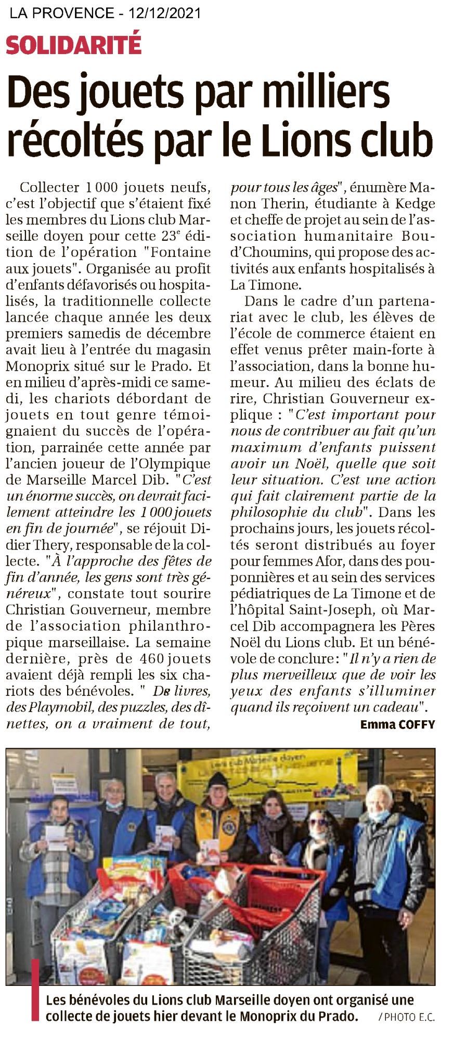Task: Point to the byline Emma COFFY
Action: tap(397, 724)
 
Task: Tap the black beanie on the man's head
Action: tap(218, 778)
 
